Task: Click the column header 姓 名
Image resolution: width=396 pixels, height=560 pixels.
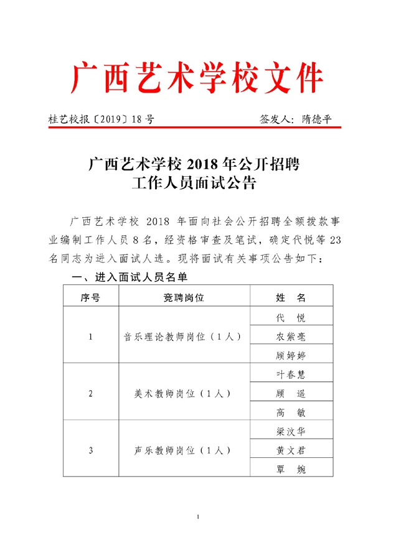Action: (290, 297)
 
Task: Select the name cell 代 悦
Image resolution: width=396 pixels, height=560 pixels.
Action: (290, 317)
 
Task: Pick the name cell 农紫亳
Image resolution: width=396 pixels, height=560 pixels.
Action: (290, 337)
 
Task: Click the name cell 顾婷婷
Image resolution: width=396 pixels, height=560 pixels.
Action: (290, 356)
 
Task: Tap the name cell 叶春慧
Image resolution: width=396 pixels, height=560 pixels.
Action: (290, 375)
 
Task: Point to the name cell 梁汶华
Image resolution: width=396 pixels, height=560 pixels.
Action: (290, 430)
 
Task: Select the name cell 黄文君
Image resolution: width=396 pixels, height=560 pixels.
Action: (290, 449)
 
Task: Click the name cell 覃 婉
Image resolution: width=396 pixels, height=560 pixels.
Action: (290, 468)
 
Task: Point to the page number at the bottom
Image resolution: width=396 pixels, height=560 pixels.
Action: (197, 517)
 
